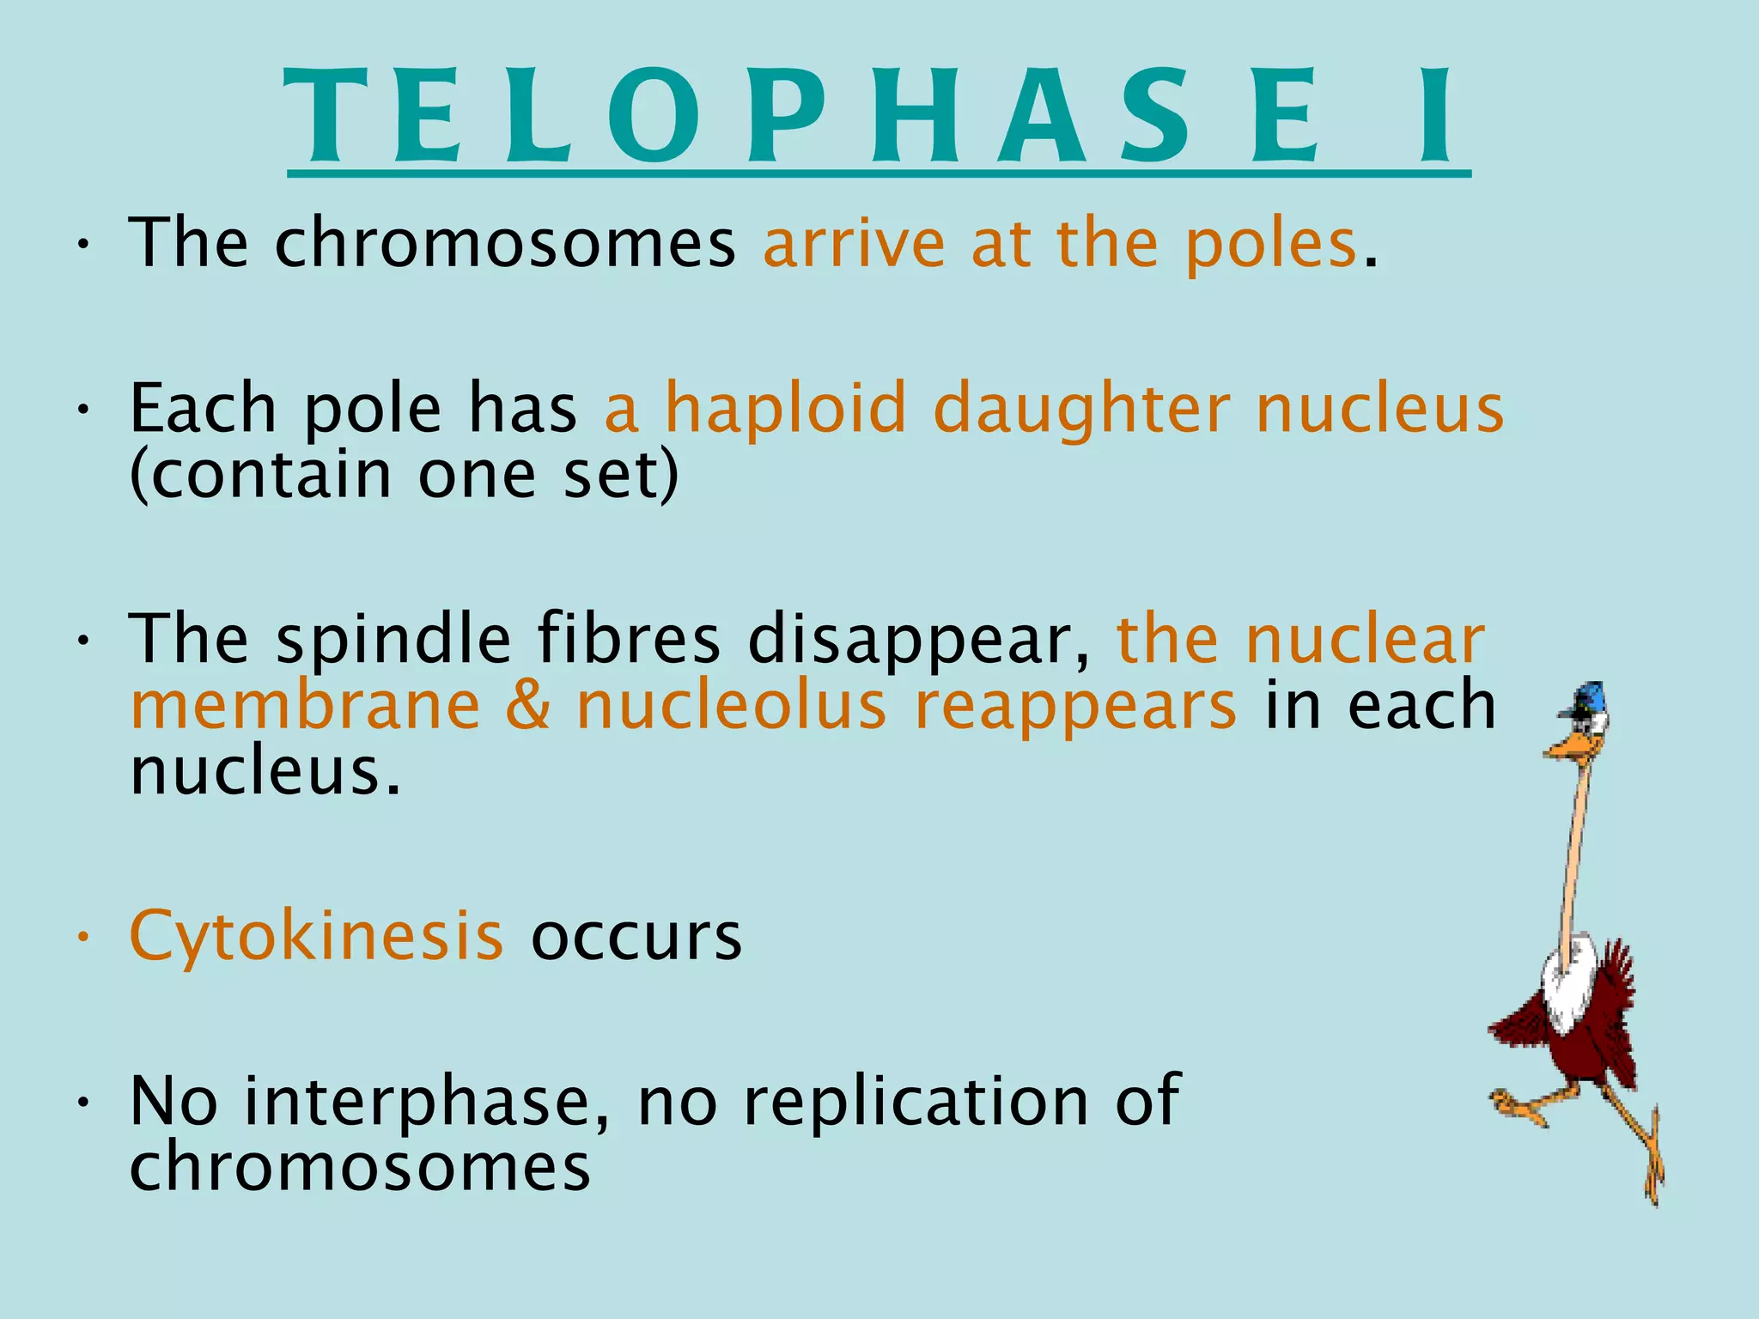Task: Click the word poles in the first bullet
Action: [x=1270, y=245]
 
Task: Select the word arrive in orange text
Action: [x=854, y=245]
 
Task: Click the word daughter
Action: [x=1081, y=410]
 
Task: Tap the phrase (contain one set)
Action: [x=404, y=475]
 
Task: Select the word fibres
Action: [x=629, y=640]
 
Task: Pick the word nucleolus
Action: [x=732, y=706]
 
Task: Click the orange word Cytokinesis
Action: [x=316, y=936]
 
